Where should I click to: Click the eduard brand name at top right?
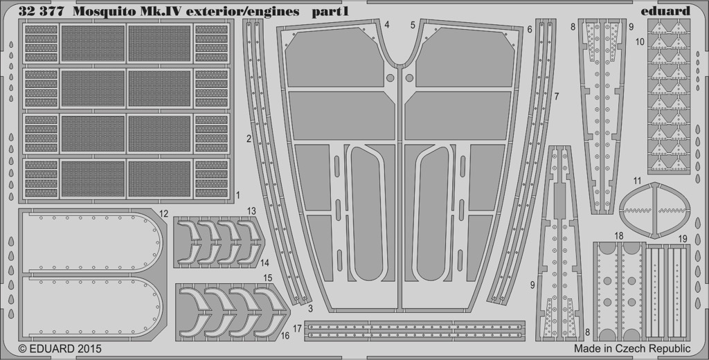point(665,11)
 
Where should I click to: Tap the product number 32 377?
point(38,12)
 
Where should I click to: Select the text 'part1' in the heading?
point(330,12)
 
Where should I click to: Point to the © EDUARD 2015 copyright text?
point(60,349)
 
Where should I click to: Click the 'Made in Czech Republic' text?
point(632,349)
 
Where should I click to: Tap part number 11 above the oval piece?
point(637,181)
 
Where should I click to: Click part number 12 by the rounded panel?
point(163,213)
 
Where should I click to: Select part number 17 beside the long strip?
point(297,329)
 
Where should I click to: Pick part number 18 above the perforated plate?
point(619,236)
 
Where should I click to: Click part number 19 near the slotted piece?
point(683,238)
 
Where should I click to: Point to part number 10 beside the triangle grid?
point(639,42)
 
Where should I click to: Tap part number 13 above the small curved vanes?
point(251,210)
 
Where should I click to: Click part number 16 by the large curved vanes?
point(285,336)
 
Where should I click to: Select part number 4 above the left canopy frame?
point(387,24)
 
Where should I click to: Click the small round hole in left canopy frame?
point(391,78)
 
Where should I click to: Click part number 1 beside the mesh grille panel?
point(238,195)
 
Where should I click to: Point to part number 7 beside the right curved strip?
point(557,96)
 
